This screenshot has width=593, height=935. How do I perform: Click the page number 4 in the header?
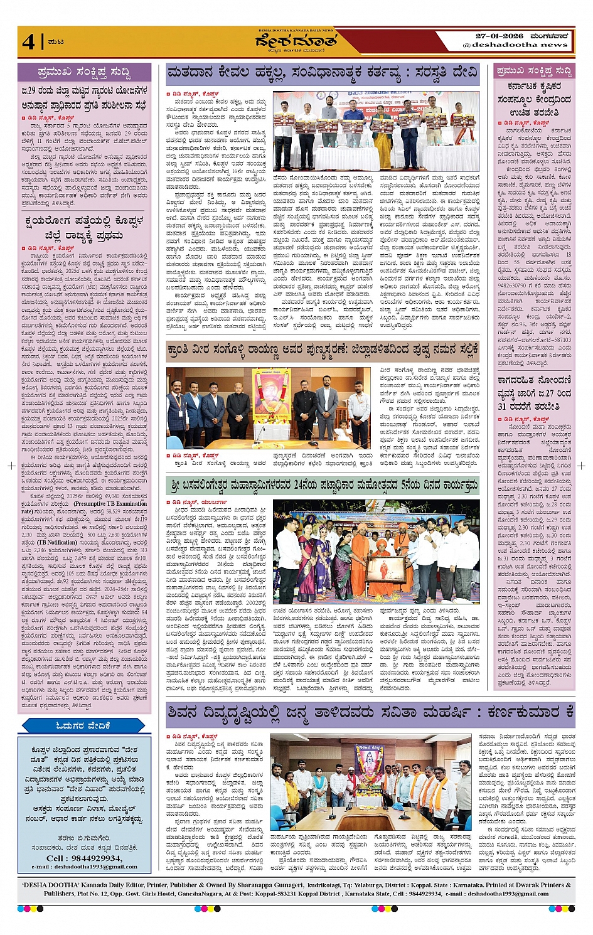(28, 41)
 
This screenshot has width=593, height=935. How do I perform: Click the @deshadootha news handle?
(515, 45)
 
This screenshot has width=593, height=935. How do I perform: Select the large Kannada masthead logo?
(296, 41)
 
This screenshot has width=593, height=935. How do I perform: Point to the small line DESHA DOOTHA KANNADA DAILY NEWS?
(296, 30)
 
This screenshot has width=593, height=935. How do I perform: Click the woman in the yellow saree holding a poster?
(382, 132)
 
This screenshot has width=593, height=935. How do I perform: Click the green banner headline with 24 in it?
(323, 485)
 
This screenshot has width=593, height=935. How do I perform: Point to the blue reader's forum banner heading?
(84, 725)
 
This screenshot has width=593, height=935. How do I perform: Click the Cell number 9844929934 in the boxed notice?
(84, 858)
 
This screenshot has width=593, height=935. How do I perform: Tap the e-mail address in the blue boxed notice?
(84, 867)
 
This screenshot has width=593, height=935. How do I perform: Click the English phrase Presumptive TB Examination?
(110, 503)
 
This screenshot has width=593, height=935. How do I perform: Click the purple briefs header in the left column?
(84, 72)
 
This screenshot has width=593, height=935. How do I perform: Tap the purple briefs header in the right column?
(534, 71)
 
